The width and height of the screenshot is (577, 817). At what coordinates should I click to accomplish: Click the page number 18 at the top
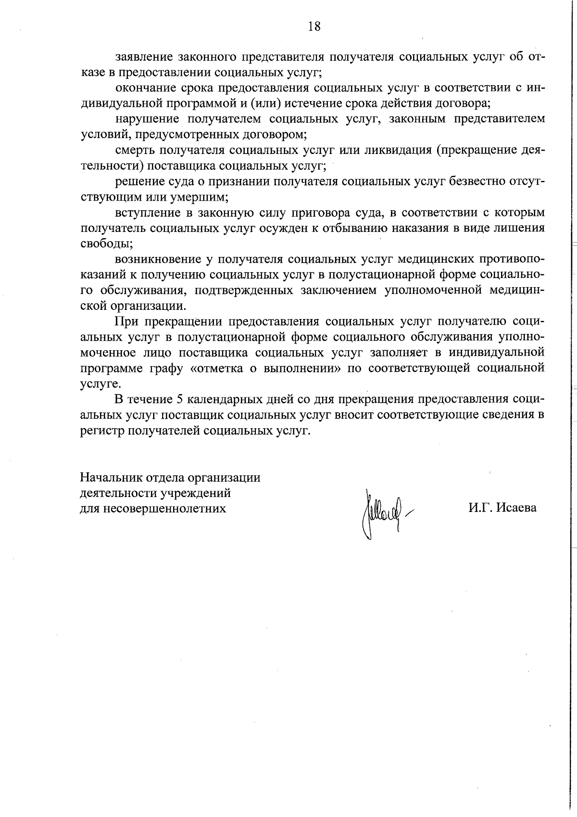(x=314, y=26)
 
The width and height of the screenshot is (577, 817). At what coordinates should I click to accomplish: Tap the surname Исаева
(x=516, y=508)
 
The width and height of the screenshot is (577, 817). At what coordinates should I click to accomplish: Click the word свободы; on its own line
(x=100, y=243)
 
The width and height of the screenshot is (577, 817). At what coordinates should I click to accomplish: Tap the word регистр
(x=102, y=431)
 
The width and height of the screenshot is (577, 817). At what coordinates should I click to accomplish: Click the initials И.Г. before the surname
(x=480, y=508)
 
